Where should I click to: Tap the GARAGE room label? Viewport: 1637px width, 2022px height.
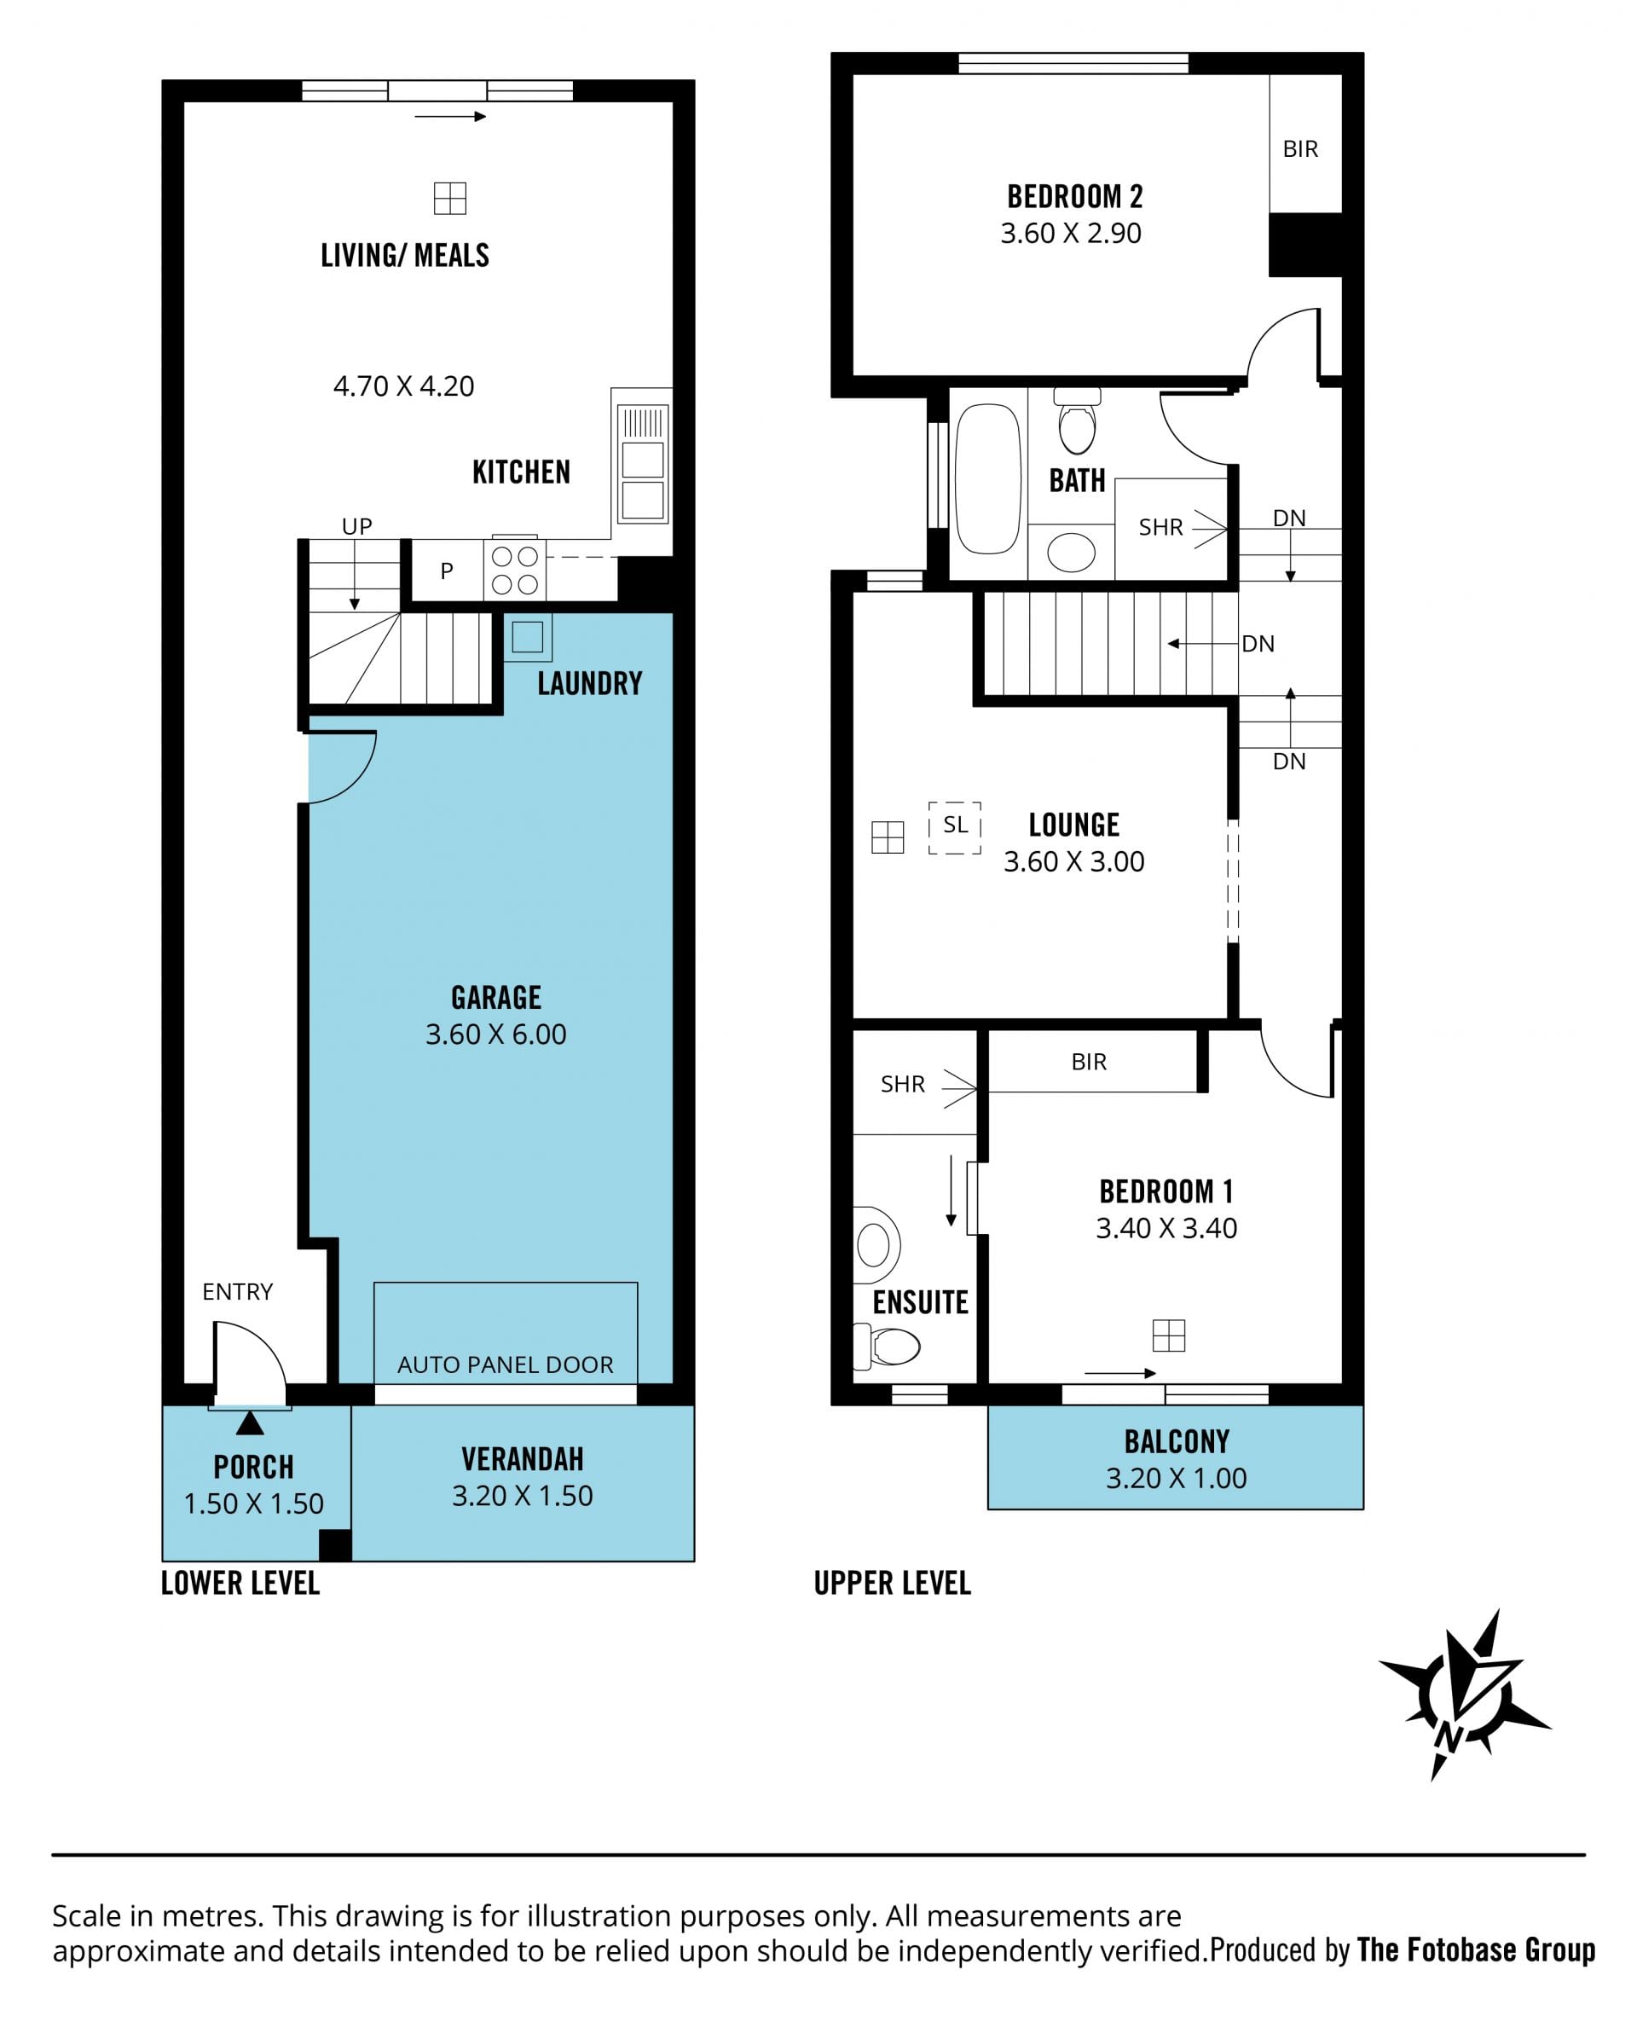coord(496,998)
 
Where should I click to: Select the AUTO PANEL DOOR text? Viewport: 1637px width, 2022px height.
coord(506,1364)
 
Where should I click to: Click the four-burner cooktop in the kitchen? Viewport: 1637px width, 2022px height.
coord(515,571)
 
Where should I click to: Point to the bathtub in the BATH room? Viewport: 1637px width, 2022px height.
coord(988,479)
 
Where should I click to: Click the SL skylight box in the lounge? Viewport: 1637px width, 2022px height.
coord(955,828)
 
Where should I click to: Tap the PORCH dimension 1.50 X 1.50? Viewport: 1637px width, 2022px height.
coord(254,1503)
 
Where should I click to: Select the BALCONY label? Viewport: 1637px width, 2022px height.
coord(1177,1442)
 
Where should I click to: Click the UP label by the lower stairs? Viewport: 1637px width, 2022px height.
coord(356,526)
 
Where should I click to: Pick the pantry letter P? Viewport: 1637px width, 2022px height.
coord(447,571)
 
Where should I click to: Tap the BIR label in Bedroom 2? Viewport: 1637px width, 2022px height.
coord(1300,149)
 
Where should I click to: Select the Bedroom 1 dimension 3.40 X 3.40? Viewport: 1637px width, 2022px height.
coord(1166,1228)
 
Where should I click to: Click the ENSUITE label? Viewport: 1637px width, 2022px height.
coord(920,1302)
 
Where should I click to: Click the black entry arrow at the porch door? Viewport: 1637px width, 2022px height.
coord(250,1423)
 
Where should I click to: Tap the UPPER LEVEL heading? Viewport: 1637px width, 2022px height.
coord(892,1584)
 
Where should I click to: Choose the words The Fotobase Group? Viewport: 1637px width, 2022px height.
coord(1476,1950)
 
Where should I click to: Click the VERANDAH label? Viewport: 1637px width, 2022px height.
coord(523,1460)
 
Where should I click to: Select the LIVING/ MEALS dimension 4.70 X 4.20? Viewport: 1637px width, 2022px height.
coord(403,385)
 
